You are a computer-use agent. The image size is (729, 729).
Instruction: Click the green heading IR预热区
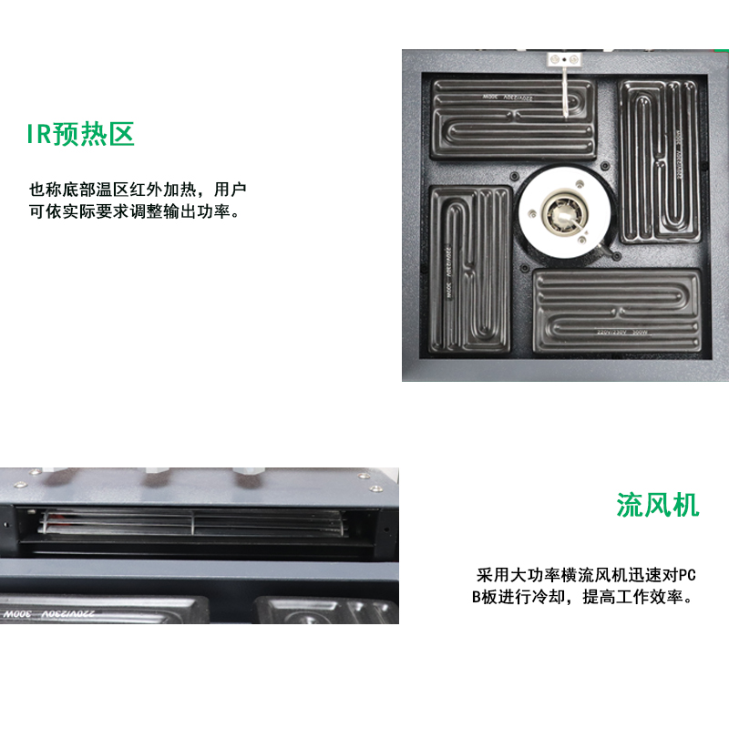[x=80, y=135]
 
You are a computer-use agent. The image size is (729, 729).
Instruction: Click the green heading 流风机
[x=657, y=504]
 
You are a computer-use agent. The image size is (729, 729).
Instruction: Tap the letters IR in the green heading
[x=38, y=135]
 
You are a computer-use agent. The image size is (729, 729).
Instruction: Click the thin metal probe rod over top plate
[x=566, y=95]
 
